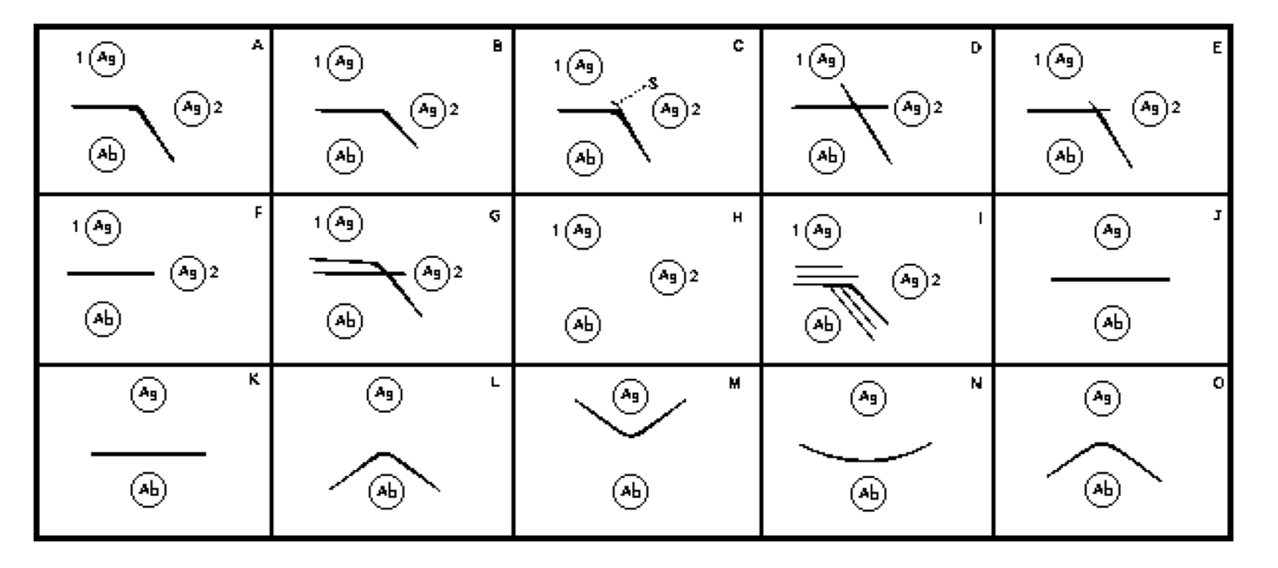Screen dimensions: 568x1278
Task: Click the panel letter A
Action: click(257, 45)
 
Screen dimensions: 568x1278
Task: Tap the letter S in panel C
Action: click(653, 83)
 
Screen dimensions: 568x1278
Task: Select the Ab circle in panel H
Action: click(583, 324)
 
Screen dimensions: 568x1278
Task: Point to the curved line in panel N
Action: click(865, 459)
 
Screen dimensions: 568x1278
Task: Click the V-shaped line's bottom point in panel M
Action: click(631, 436)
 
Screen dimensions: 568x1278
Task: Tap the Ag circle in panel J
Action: click(1112, 231)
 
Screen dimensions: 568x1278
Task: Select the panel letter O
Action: click(1218, 384)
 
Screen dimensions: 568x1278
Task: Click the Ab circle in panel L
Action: click(386, 492)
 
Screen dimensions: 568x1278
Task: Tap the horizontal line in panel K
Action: click(148, 454)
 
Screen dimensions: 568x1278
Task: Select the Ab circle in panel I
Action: click(823, 324)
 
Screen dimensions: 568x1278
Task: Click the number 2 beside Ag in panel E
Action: click(1176, 107)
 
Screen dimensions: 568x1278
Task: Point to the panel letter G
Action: click(494, 216)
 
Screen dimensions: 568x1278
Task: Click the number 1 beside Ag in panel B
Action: click(318, 62)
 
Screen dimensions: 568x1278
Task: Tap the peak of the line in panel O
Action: click(1101, 443)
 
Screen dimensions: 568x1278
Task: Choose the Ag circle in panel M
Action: click(630, 395)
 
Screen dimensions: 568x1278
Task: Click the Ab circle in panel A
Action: click(107, 155)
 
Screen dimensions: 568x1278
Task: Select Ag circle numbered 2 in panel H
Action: click(668, 276)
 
